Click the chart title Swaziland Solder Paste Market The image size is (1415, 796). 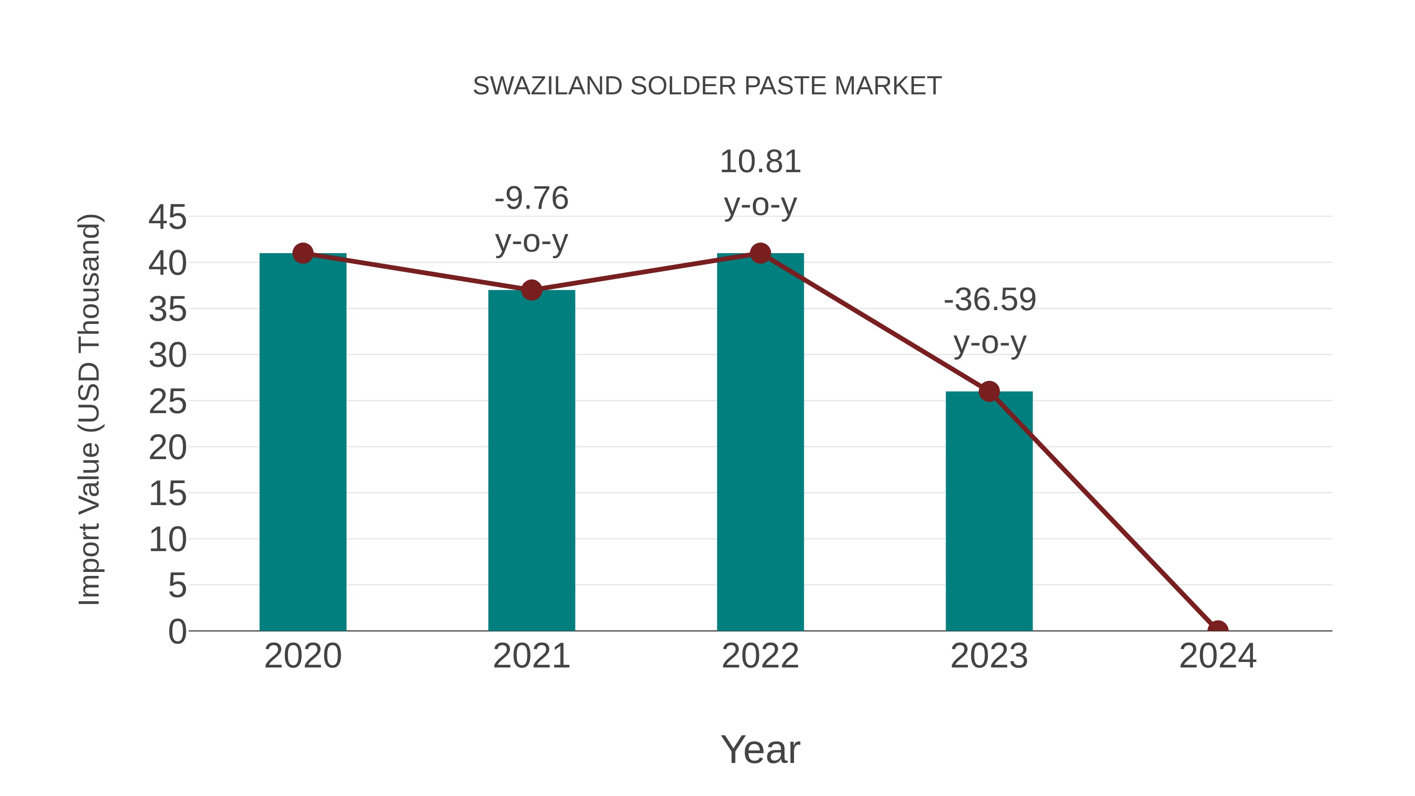(707, 86)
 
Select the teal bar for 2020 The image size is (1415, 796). (303, 442)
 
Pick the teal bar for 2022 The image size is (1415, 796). (760, 442)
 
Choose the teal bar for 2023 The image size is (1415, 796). (989, 511)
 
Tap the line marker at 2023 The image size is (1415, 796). (989, 392)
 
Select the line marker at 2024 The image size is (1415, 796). (1218, 630)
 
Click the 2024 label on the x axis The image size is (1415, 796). (1218, 656)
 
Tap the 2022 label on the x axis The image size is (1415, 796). (760, 656)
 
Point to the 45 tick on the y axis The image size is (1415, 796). (167, 217)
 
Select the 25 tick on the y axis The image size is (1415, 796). (167, 402)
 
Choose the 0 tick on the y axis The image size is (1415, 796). (177, 631)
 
